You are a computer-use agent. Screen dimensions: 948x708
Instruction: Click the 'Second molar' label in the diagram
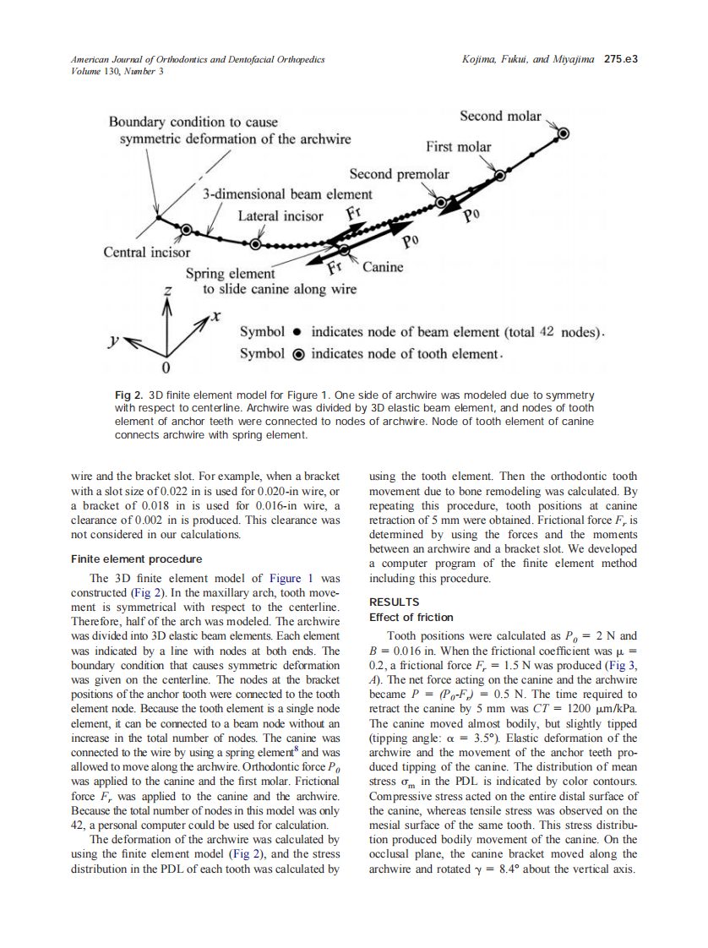pyautogui.click(x=500, y=117)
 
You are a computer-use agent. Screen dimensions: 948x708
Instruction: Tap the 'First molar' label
pyautogui.click(x=458, y=147)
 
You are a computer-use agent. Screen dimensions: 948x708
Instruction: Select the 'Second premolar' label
pyautogui.click(x=399, y=174)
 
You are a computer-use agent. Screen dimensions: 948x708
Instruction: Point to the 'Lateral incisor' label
pyautogui.click(x=280, y=215)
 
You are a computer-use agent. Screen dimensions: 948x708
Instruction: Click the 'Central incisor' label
pyautogui.click(x=146, y=252)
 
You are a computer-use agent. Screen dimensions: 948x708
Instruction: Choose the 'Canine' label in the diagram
pyautogui.click(x=383, y=267)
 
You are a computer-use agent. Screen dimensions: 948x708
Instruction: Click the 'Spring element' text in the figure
pyautogui.click(x=230, y=274)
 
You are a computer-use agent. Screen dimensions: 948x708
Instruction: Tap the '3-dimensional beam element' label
pyautogui.click(x=286, y=194)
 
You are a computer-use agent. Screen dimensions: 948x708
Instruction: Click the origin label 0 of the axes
pyautogui.click(x=166, y=370)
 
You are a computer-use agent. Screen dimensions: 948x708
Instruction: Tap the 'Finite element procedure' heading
pyautogui.click(x=136, y=559)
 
